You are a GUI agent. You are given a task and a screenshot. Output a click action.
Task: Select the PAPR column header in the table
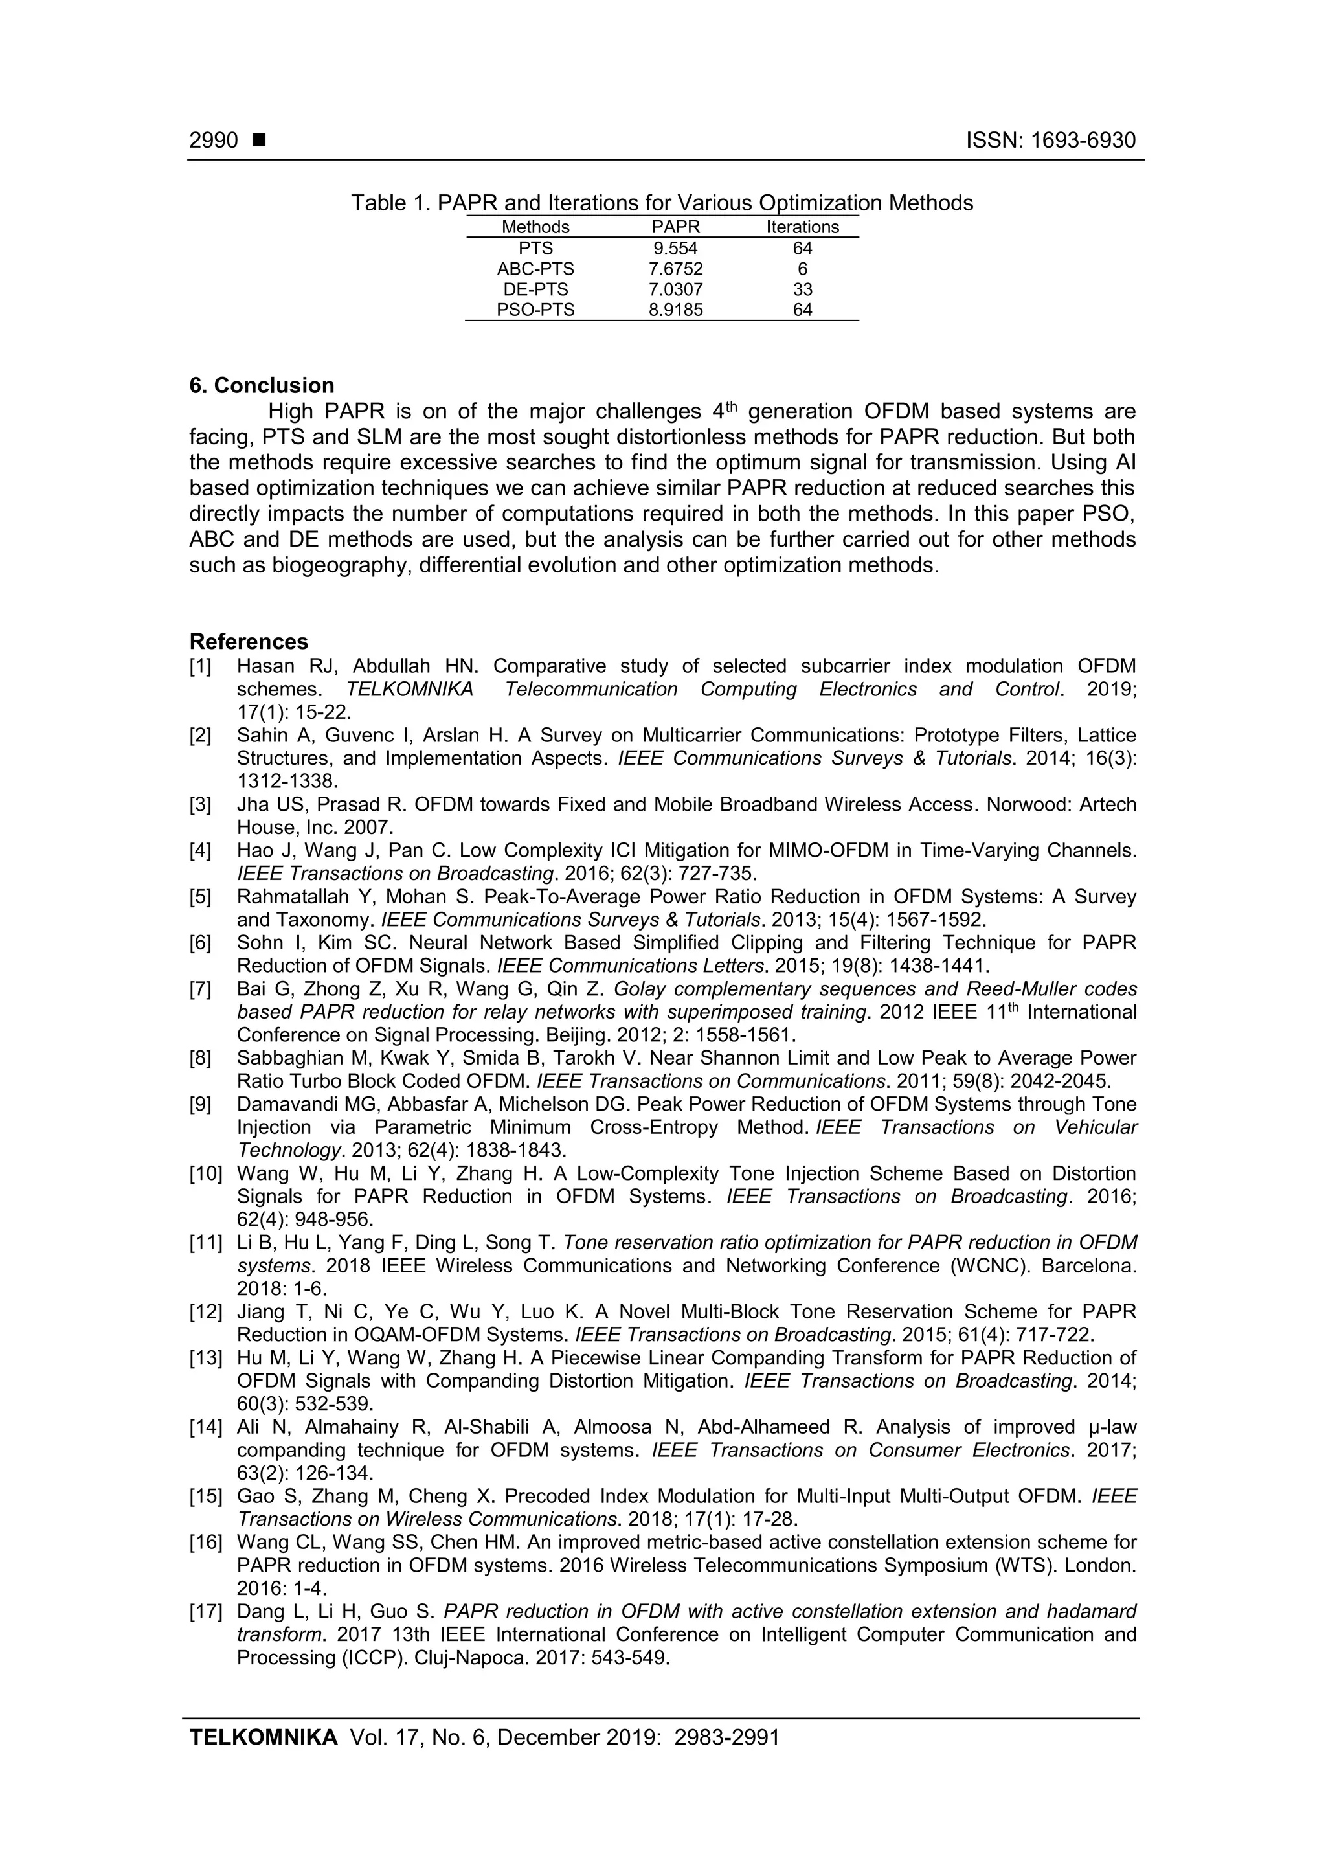676,227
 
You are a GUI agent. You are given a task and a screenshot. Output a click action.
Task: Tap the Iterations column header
802,227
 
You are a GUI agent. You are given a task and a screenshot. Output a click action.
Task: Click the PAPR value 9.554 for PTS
676,249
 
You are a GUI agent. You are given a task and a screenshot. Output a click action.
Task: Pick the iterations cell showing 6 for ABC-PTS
802,269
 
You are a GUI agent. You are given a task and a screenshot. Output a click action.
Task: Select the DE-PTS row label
535,289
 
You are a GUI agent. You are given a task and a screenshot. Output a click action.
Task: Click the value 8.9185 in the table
676,310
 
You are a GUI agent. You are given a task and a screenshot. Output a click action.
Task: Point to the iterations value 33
802,289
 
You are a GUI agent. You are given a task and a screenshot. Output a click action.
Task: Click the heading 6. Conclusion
262,386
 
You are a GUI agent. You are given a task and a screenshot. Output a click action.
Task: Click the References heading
249,641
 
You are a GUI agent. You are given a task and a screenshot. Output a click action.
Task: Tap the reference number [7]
200,989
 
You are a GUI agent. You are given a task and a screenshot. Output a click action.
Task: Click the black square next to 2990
259,141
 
